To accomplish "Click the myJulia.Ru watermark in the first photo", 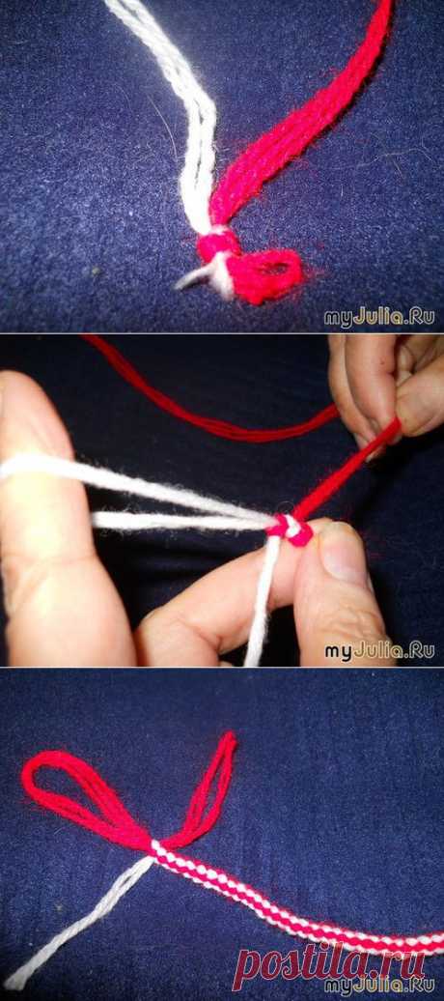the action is coord(379,317).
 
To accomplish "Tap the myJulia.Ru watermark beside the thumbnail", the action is coord(379,650).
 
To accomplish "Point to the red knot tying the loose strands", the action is coord(217,244).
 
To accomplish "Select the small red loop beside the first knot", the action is coord(268,273).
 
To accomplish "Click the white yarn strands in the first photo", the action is coord(191,140).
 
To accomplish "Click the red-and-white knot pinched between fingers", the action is coord(291,528).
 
